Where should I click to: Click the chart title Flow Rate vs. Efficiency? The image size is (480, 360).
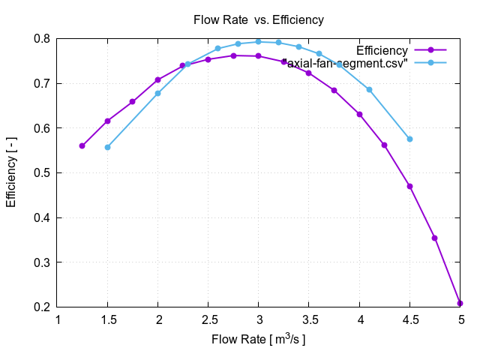[x=259, y=20]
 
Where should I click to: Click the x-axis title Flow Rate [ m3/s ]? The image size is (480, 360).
[x=259, y=339]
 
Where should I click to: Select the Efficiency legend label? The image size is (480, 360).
[x=382, y=51]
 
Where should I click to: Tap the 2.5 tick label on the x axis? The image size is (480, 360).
[x=208, y=320]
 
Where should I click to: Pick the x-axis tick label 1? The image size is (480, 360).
[x=58, y=320]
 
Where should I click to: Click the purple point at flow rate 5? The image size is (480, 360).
[x=460, y=303]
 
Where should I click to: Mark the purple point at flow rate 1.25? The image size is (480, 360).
[x=82, y=145]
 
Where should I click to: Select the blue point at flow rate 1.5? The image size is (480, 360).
[x=108, y=147]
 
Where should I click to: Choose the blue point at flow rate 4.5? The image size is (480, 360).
[x=409, y=139]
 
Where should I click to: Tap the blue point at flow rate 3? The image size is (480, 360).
[x=259, y=41]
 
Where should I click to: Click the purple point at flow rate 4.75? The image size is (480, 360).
[x=434, y=238]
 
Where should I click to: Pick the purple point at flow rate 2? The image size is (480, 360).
[x=158, y=79]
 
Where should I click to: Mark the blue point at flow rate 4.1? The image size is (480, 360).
[x=369, y=89]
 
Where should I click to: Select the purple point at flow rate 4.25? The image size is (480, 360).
[x=384, y=145]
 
